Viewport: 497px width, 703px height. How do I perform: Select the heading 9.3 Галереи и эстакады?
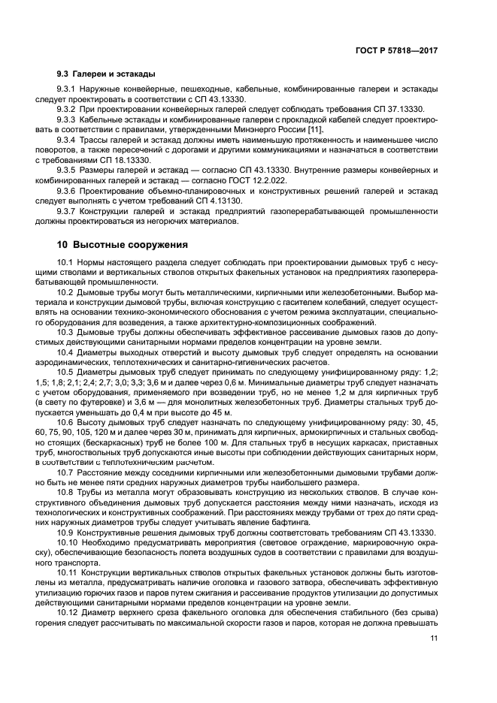pyautogui.click(x=107, y=74)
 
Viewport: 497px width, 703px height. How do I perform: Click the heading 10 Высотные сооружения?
pyautogui.click(x=120, y=245)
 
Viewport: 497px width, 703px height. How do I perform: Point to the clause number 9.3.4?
pyautogui.click(x=68, y=140)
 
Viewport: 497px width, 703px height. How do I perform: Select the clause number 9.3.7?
pyautogui.click(x=68, y=212)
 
